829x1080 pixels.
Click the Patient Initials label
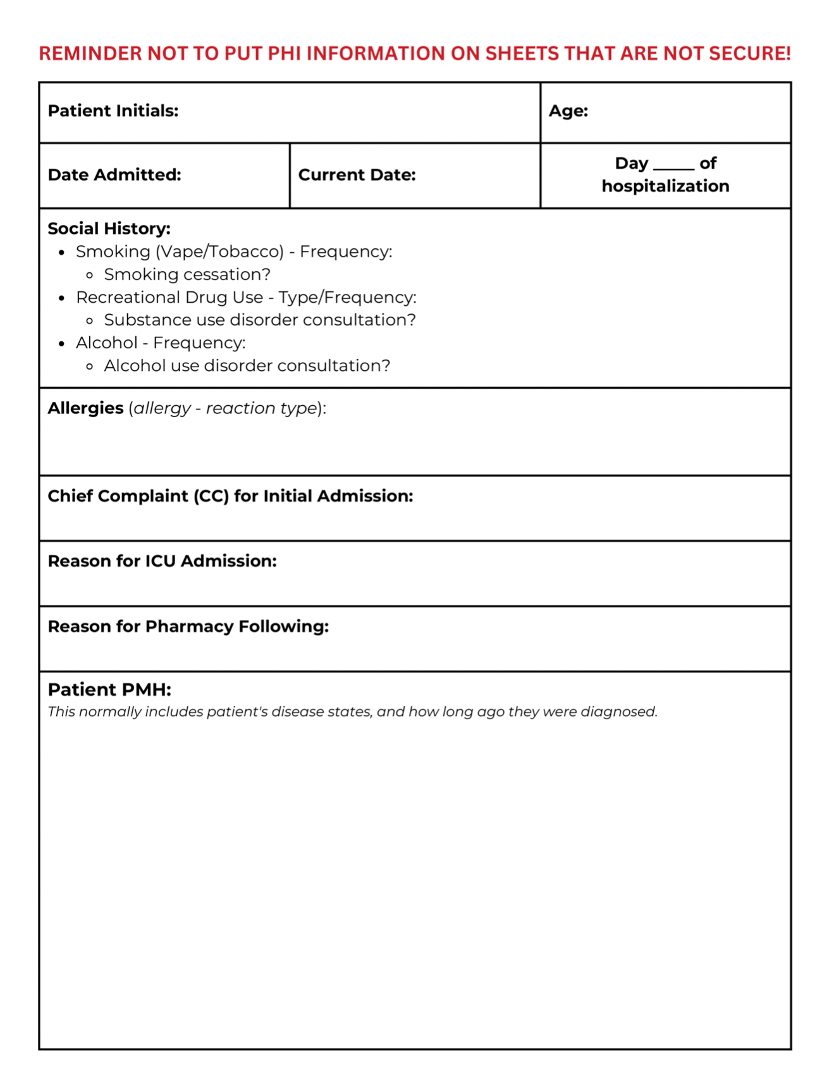pos(113,111)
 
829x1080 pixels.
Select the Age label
pos(568,111)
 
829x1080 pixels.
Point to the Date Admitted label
pos(114,175)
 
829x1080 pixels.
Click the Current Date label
pos(357,175)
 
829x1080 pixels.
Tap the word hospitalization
pos(665,186)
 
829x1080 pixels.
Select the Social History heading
pos(109,229)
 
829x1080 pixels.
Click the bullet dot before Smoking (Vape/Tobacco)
pos(62,253)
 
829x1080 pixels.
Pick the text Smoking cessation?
pos(187,275)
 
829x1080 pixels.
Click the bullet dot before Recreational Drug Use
pos(62,298)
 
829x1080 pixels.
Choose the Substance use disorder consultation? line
pos(260,320)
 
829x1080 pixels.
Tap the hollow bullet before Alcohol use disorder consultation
pos(90,367)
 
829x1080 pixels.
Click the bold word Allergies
pos(85,408)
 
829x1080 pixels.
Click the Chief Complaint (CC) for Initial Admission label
pos(230,496)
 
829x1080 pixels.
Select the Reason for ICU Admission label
pos(162,561)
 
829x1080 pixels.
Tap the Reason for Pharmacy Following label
pos(188,626)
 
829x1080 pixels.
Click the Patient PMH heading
pos(109,689)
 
